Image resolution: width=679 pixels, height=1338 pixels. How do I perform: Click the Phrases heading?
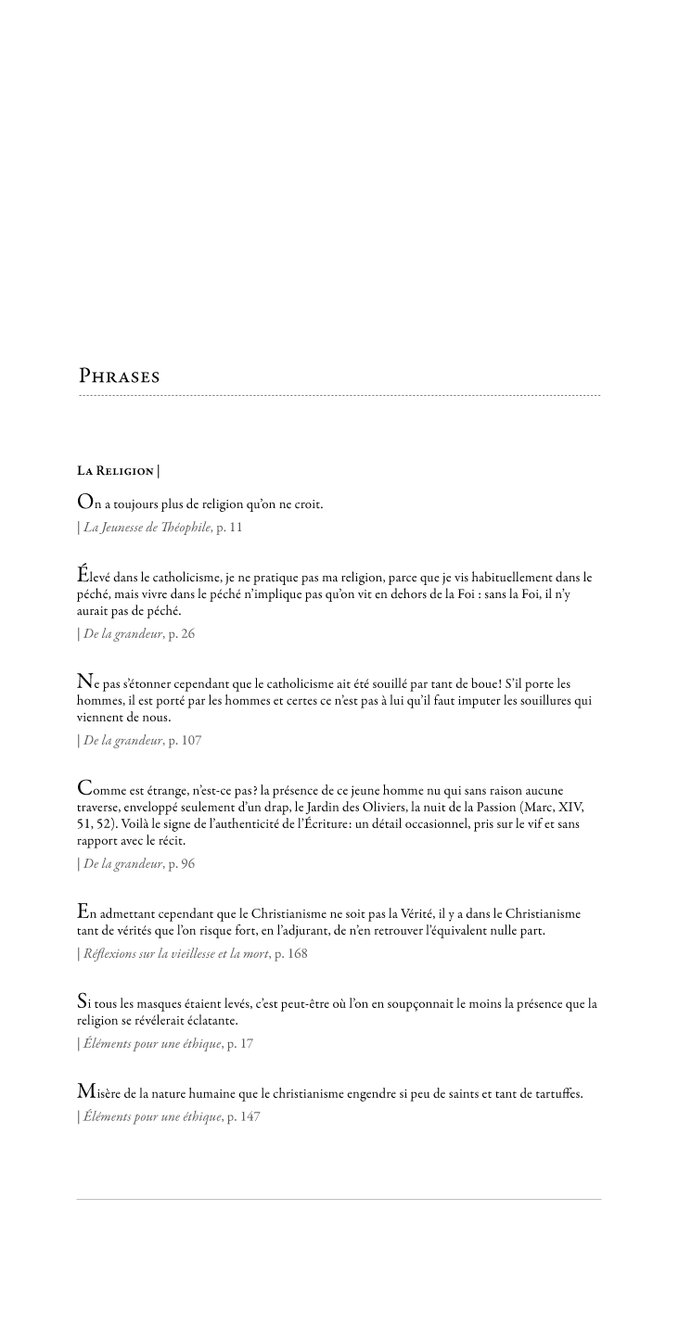(119, 376)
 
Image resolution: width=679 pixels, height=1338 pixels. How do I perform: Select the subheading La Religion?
(116, 471)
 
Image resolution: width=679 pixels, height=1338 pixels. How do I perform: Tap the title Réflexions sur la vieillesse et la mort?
(176, 953)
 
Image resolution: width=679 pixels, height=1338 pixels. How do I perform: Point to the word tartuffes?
(555, 1093)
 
